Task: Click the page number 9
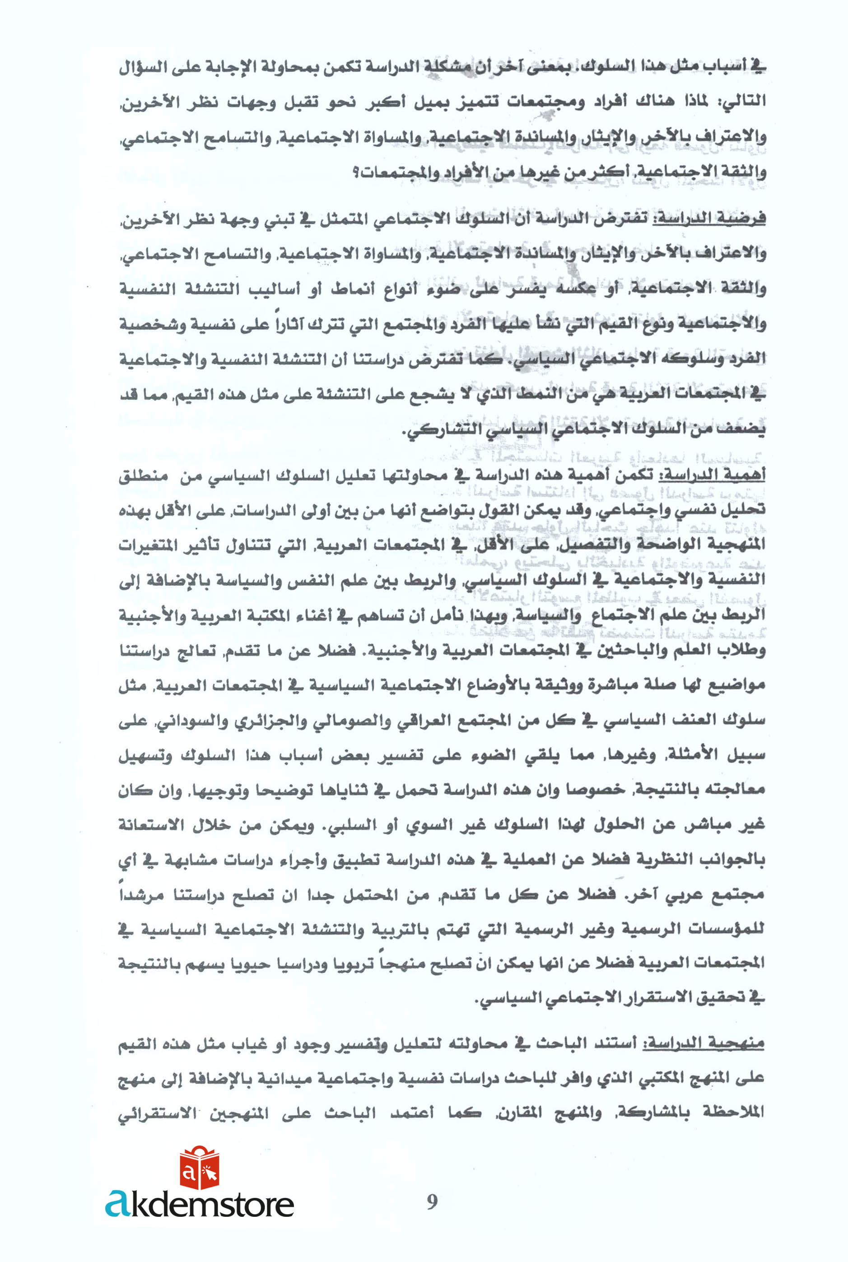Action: pos(432,1201)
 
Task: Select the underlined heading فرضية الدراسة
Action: pos(709,219)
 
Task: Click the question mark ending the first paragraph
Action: pos(356,172)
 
